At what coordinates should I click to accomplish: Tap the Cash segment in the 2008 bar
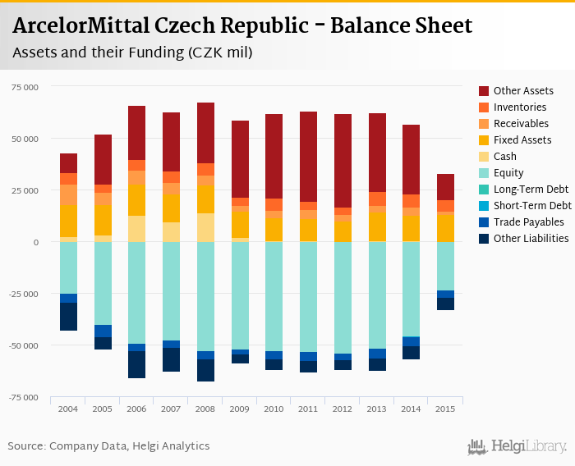point(205,227)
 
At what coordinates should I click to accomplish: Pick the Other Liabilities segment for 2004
point(68,317)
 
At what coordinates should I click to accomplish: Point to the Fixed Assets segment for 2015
point(445,226)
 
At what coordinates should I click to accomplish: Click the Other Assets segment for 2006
point(137,133)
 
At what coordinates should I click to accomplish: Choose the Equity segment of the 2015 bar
point(445,266)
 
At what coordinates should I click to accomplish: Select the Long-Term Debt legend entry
point(530,189)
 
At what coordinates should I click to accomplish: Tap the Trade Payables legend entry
point(528,222)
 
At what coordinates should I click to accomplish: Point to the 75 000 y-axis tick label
point(24,86)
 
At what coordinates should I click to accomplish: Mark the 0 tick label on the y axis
point(35,242)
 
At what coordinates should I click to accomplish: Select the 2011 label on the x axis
point(308,409)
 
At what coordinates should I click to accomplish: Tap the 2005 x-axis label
point(103,409)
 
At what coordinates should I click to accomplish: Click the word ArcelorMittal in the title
point(80,25)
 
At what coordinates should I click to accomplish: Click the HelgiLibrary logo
point(517,446)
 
